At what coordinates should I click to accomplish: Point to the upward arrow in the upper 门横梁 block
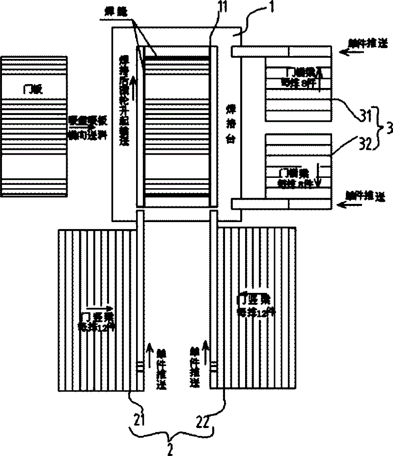coord(319,78)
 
